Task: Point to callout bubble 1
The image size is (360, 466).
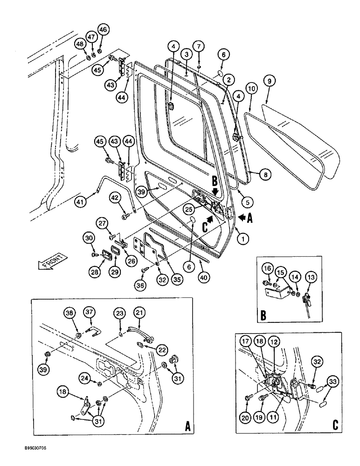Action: [x=242, y=238]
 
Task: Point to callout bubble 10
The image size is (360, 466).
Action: [x=251, y=87]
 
